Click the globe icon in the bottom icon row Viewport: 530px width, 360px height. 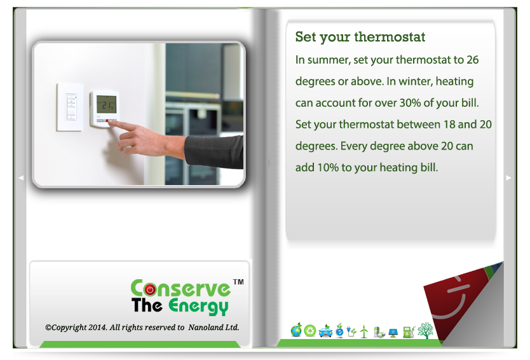pos(296,330)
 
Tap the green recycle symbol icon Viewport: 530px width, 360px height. pos(309,331)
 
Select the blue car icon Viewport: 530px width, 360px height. pos(325,331)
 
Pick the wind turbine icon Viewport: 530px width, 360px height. pos(364,331)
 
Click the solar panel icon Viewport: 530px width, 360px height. pos(393,333)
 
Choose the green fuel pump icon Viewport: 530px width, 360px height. pos(409,331)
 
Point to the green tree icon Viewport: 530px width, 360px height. pos(425,331)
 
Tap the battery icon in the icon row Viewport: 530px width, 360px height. pos(379,332)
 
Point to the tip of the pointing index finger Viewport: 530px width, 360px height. pos(109,122)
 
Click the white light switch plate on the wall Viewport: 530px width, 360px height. pos(70,107)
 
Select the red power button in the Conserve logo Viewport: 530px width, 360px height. pos(150,289)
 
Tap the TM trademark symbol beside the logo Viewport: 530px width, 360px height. pos(238,282)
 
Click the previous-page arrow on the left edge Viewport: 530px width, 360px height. pos(21,177)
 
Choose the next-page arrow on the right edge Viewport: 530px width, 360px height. pos(508,177)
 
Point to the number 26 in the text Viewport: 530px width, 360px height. pos(473,60)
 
